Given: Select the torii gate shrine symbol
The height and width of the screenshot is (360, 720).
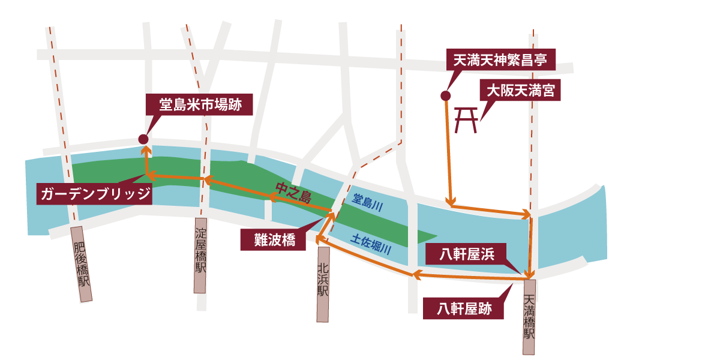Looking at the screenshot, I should [467, 121].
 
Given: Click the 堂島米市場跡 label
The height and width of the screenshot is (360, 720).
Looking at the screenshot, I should [200, 104].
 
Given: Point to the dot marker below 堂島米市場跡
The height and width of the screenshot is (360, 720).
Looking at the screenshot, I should [143, 139].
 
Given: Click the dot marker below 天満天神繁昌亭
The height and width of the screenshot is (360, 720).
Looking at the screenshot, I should [445, 95].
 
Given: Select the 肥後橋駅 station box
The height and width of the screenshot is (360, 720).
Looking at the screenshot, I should [82, 264].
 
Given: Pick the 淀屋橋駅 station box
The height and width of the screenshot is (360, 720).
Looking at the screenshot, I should [200, 255].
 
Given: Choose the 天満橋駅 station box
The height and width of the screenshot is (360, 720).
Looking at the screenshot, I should [529, 317].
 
